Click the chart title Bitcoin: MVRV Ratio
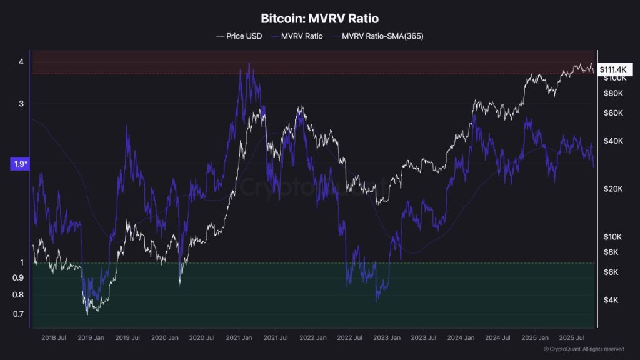point(319,19)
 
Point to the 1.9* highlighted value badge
point(19,164)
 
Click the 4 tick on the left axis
point(21,61)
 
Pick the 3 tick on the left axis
point(21,103)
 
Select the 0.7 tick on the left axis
point(19,314)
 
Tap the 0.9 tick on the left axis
point(19,277)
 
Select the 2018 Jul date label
point(53,337)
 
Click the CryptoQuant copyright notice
point(584,349)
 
